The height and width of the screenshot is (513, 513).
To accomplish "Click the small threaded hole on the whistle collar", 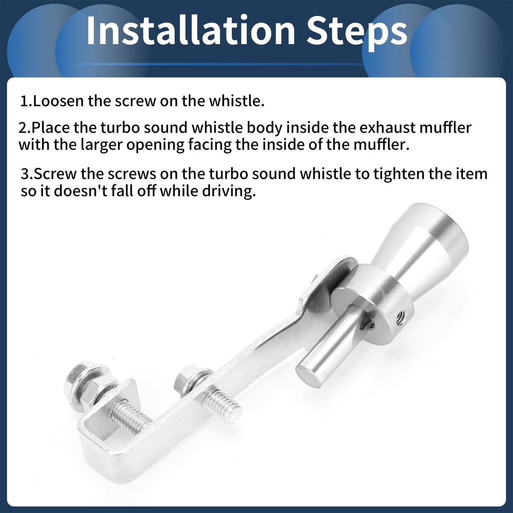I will pyautogui.click(x=400, y=316).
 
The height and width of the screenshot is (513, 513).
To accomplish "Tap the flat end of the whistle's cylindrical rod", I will pyautogui.click(x=308, y=376).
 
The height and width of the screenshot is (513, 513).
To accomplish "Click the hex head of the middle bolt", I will pyautogui.click(x=188, y=379).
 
